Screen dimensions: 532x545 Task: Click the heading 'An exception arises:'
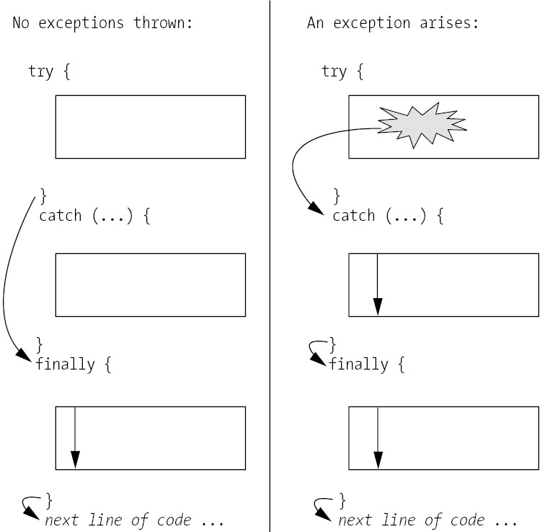click(394, 22)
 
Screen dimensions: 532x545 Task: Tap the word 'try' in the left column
click(40, 71)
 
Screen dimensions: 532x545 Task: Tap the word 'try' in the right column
click(334, 71)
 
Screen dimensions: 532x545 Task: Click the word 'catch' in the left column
click(61, 216)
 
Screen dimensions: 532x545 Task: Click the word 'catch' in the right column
click(354, 216)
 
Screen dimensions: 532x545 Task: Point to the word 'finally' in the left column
click(66, 364)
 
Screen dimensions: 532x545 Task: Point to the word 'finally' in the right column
click(359, 364)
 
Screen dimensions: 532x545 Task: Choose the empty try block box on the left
click(150, 126)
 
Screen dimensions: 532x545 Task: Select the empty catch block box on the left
click(150, 284)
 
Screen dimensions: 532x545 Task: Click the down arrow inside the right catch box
click(377, 284)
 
